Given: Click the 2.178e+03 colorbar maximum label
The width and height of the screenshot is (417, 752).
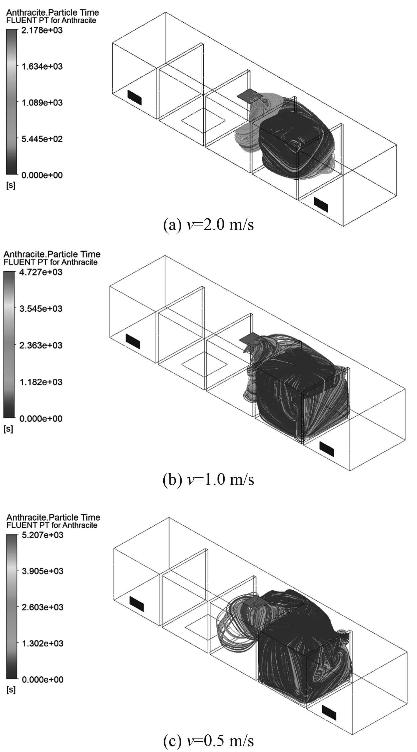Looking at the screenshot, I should click(x=42, y=30).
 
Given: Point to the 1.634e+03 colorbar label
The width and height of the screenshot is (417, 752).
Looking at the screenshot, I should click(x=42, y=66).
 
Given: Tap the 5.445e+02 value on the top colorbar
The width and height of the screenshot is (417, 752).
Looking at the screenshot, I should click(x=42, y=139).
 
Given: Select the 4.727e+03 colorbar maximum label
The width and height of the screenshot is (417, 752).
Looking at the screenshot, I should click(x=41, y=272).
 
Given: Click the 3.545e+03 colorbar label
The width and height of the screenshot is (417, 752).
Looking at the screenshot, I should click(x=41, y=309).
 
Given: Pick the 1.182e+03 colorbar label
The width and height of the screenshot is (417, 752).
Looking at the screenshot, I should click(x=41, y=382).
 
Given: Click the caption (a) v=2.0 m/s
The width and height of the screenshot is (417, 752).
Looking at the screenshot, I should click(x=208, y=225).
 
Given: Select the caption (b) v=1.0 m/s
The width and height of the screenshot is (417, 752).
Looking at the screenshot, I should click(x=208, y=479).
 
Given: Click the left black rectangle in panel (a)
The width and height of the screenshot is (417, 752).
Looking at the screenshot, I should click(x=134, y=98).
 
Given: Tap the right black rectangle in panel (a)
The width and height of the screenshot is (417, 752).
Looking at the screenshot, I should click(x=321, y=204).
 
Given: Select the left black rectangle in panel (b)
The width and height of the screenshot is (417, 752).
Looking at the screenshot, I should click(x=133, y=341).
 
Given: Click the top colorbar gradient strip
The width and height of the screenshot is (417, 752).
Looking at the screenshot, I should click(x=11, y=102).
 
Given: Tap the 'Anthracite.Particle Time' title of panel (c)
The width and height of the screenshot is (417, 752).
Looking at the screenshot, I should click(x=53, y=517).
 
